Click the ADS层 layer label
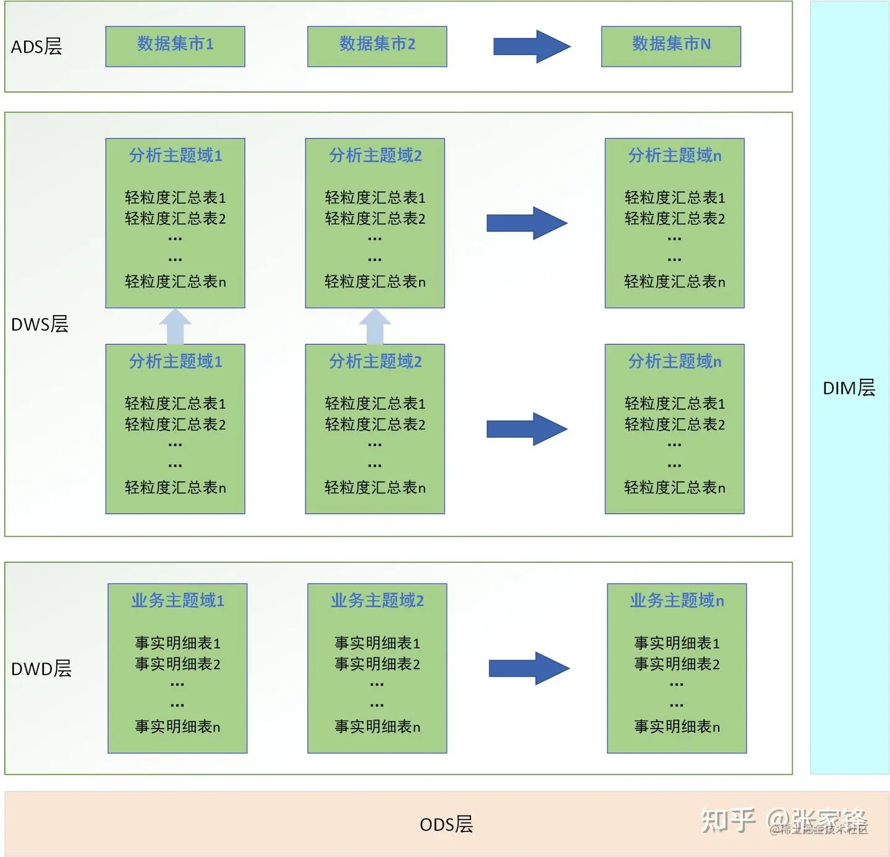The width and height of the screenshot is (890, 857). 36,47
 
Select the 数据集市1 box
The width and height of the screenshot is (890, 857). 175,46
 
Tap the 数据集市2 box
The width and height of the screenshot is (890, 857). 377,46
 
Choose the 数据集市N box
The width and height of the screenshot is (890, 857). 671,46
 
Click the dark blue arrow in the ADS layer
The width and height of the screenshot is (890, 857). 531,46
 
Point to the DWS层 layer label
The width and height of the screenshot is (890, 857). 40,324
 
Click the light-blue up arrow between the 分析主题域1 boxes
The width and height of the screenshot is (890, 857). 176,326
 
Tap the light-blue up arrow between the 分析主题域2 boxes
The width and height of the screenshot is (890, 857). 375,326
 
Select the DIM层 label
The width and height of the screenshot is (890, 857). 849,388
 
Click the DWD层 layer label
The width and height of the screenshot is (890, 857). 41,669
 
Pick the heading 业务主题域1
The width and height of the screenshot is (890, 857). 177,601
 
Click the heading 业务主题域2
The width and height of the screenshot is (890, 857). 377,601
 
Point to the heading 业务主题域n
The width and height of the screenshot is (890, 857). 677,601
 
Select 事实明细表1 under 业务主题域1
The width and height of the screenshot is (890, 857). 177,643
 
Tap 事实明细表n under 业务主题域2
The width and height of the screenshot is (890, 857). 377,727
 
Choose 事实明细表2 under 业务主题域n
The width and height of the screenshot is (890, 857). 677,664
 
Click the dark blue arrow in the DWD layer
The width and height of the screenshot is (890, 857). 529,668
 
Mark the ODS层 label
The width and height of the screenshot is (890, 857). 446,824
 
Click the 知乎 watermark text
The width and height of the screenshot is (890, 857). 729,821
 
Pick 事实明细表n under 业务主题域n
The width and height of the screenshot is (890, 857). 677,727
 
